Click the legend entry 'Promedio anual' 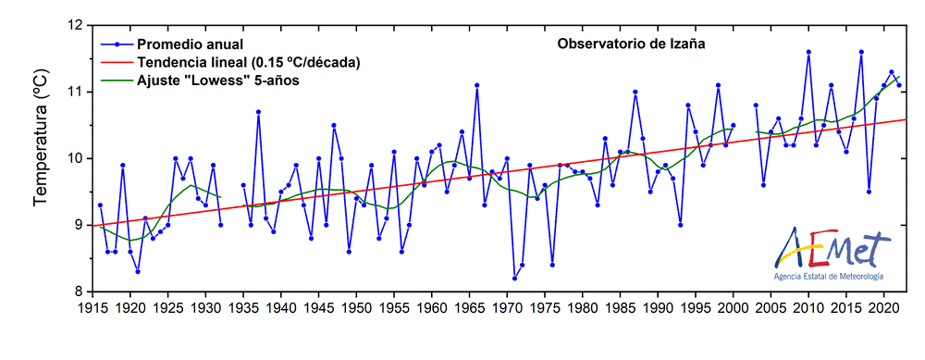[x=190, y=44]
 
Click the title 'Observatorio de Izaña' [x=631, y=44]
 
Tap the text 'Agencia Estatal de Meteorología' [x=828, y=277]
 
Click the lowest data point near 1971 [x=514, y=278]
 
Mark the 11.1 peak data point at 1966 [x=476, y=85]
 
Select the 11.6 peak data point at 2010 [x=808, y=52]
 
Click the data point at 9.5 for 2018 [x=869, y=192]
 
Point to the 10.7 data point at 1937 [x=258, y=112]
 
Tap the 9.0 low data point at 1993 [x=680, y=225]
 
